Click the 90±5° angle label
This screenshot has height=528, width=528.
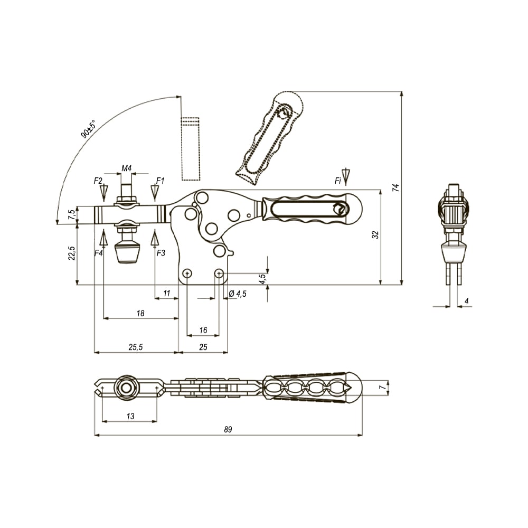[88, 129]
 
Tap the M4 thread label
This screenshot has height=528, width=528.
[126, 168]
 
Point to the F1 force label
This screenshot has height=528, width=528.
[160, 181]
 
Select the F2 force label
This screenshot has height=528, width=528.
[98, 181]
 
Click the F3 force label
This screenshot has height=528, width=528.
[161, 253]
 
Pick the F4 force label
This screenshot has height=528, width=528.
[98, 253]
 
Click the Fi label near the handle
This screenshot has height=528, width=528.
[338, 181]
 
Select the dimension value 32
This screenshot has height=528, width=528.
[375, 235]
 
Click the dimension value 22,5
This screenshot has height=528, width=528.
[71, 253]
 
